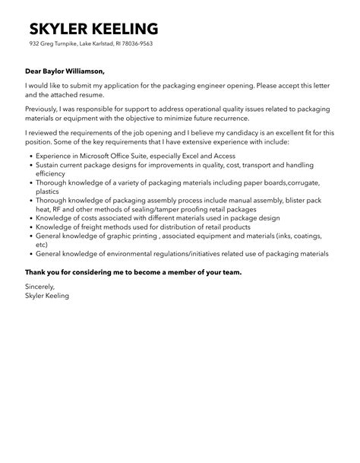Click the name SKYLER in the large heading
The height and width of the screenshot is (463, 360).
point(58,29)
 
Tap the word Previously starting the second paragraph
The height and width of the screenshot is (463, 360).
point(44,108)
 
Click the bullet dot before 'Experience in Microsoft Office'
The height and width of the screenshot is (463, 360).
point(29,154)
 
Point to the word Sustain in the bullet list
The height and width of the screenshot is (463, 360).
point(49,163)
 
